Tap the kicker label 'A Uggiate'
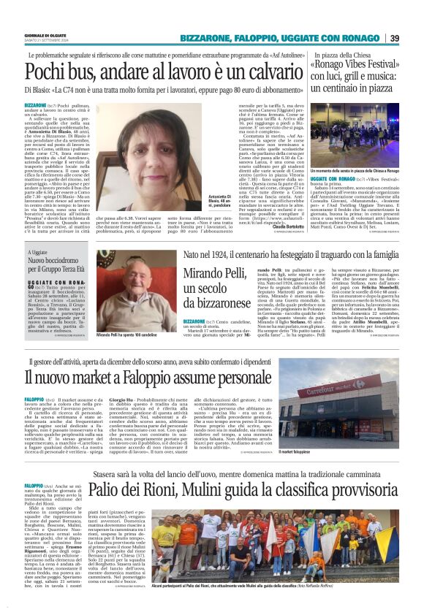coord(38,251)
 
